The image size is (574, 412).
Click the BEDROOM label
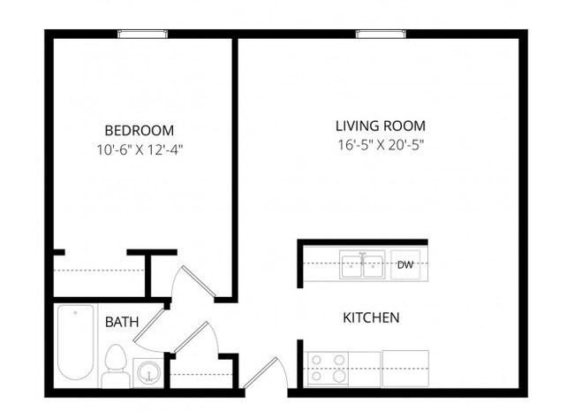tap(139, 129)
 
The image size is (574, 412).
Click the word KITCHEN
tap(371, 317)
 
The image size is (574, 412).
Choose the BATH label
tap(121, 322)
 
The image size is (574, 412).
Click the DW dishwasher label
tap(405, 264)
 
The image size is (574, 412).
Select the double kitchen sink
tap(362, 264)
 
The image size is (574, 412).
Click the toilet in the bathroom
tap(114, 364)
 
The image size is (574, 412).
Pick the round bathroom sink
tap(146, 371)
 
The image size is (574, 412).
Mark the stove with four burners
tap(328, 368)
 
